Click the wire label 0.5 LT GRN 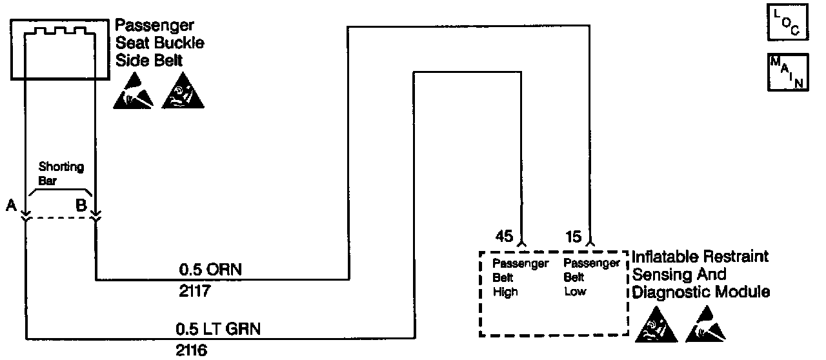pos(219,329)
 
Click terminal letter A pos(10,206)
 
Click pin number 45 pos(504,237)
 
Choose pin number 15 pos(574,237)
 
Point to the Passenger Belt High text pos(520,277)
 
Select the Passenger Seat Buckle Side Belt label pos(159,44)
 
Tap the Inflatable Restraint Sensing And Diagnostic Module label pos(701,274)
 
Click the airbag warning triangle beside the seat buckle pos(183,94)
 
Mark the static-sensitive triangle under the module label pos(705,327)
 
